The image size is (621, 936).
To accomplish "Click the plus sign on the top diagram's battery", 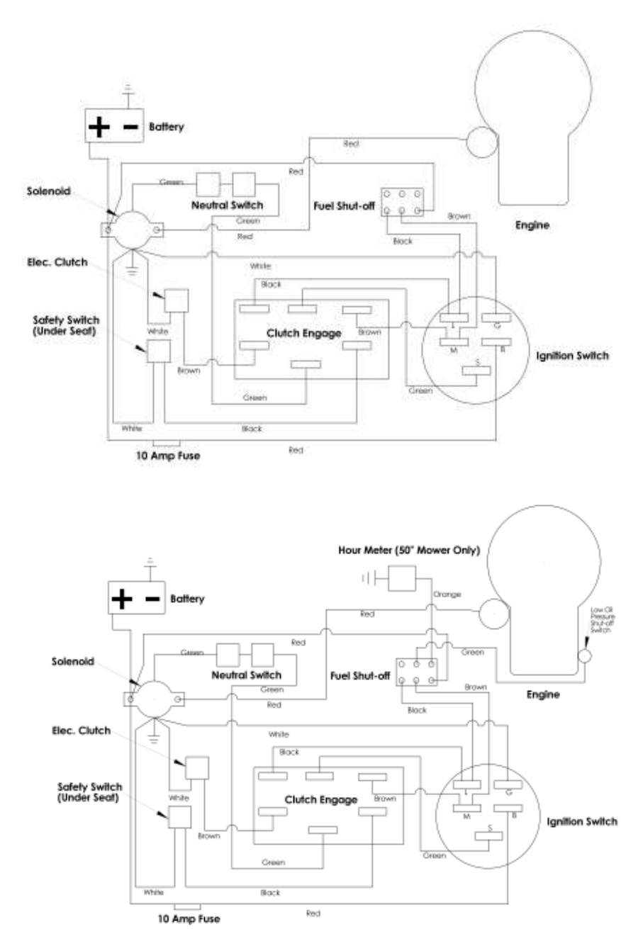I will (x=100, y=127).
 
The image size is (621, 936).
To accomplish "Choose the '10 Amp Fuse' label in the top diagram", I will (x=167, y=456).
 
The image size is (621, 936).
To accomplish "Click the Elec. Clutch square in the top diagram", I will (x=177, y=301).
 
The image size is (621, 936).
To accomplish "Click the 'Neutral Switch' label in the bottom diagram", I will (x=246, y=675).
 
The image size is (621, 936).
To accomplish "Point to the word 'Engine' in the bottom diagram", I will (x=543, y=694).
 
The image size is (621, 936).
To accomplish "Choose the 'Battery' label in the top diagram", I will (x=167, y=127).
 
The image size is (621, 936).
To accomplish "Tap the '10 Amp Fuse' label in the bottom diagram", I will (x=189, y=919).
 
